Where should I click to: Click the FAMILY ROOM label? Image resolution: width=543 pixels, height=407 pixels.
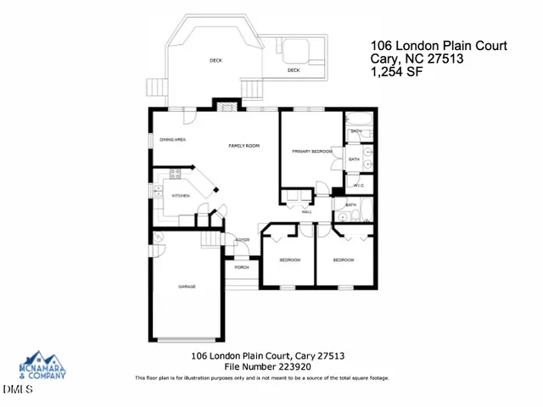[x=244, y=146]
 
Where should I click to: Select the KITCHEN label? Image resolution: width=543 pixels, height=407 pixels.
[x=181, y=196]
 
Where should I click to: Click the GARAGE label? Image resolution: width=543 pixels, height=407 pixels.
[x=188, y=287]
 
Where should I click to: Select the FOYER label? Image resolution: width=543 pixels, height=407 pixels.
[x=243, y=241]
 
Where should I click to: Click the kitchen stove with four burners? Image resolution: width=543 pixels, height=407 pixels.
[x=176, y=175]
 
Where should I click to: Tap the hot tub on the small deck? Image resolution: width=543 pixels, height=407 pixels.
[x=296, y=52]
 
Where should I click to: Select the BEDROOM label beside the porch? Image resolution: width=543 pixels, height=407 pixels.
[x=289, y=259]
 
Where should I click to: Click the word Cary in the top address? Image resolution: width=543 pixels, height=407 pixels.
[x=385, y=59]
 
